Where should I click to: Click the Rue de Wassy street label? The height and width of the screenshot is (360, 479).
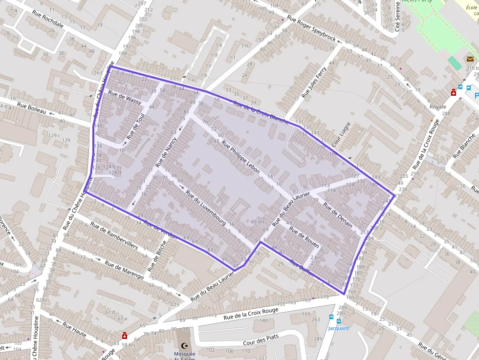coord(125,98)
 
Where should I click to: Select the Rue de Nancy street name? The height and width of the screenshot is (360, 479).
coord(166,152)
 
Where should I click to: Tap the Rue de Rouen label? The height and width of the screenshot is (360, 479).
coord(304,236)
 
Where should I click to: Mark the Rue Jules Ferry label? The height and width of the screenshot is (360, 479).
coord(314,82)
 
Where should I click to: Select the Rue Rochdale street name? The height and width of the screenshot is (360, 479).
coord(47,19)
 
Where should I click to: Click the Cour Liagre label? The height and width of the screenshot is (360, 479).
coord(342,135)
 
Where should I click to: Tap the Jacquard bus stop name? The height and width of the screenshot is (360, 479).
coord(338,328)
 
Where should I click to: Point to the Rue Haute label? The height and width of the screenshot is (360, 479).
coord(74,331)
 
